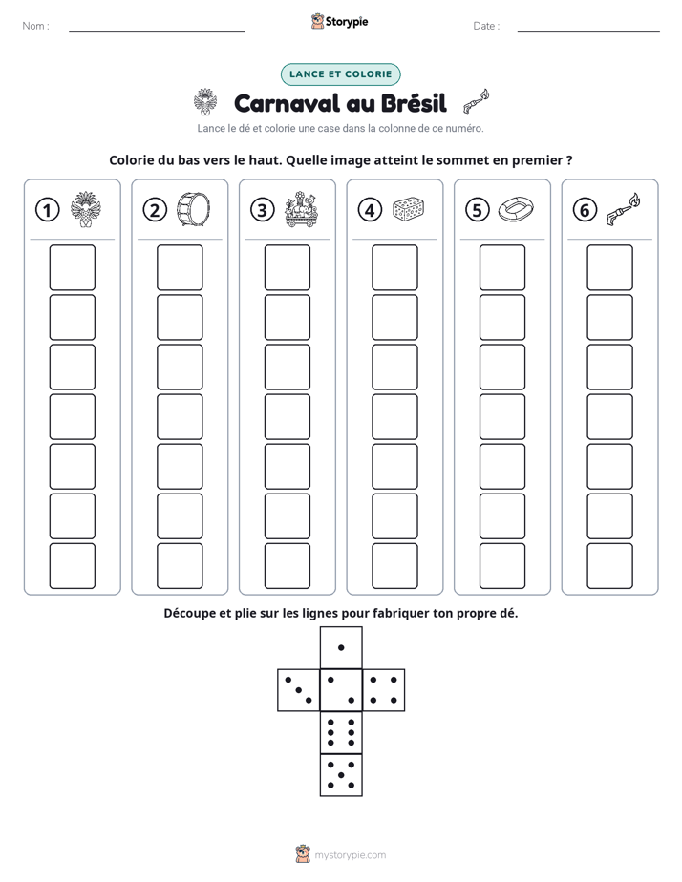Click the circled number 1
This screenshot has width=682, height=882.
click(47, 210)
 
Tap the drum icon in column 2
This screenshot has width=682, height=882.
click(193, 209)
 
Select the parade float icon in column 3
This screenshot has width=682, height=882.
click(301, 209)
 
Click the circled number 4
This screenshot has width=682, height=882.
click(370, 210)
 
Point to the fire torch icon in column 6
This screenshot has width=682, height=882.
click(624, 209)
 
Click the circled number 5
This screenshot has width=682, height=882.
click(478, 210)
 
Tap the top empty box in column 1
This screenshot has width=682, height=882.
click(72, 267)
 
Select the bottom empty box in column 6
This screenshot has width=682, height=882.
click(610, 566)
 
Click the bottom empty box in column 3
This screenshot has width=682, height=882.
click(288, 566)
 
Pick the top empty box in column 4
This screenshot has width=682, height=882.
click(395, 267)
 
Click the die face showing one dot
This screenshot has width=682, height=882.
click(341, 647)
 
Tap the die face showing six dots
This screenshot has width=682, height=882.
click(341, 732)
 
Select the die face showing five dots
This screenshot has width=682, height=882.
click(341, 775)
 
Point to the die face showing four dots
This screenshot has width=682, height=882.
click(384, 690)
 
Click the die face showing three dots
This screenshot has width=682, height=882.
click(298, 690)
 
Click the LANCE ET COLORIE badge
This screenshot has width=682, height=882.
click(340, 74)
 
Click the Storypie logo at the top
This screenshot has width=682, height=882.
click(339, 21)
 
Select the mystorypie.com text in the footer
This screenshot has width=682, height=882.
click(350, 855)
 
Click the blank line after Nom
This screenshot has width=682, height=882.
click(157, 31)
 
